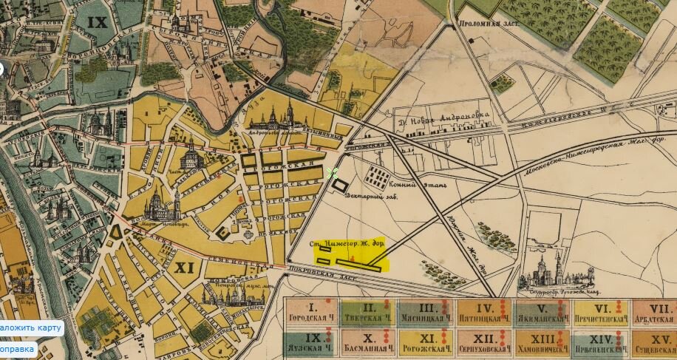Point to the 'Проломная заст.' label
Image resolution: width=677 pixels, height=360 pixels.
click(488, 24)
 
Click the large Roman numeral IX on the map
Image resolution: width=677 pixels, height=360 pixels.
click(97, 22)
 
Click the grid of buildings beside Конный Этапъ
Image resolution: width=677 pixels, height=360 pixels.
click(378, 175)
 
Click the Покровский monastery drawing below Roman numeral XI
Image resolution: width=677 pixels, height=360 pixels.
click(225, 296)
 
